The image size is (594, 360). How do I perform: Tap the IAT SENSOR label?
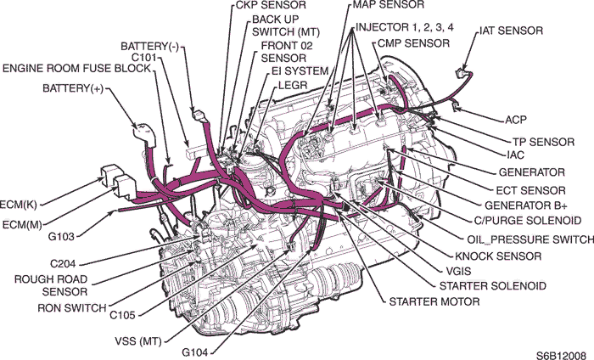(x=511, y=31)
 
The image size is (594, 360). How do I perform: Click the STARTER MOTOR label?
(x=434, y=301)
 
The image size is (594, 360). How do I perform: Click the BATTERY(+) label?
(x=72, y=88)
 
